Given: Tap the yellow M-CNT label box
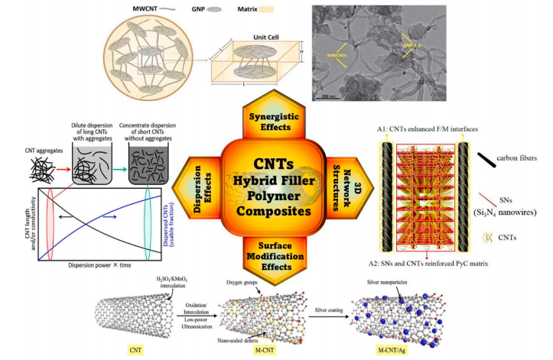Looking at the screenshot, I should tap(259, 350).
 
